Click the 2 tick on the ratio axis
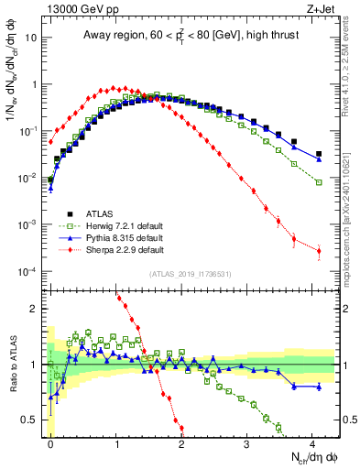34,309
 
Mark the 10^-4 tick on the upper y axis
27,272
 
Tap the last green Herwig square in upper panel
319,182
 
